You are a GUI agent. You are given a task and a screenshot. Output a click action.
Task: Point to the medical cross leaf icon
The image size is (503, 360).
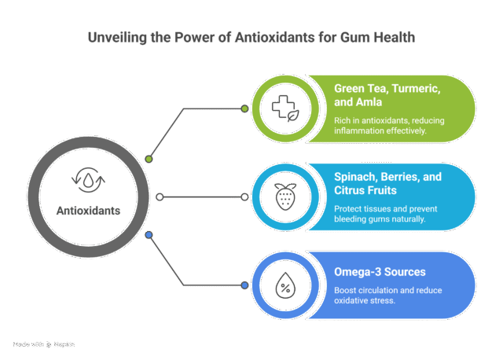pos(282,108)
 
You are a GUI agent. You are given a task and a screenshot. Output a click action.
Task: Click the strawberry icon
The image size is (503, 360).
pos(282,197)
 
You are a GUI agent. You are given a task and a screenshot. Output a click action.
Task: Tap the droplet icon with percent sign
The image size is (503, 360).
pos(282,285)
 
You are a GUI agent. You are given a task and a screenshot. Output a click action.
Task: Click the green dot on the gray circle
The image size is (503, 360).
pos(149,160)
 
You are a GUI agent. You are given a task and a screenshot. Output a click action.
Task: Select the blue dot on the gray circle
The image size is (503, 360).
pos(149,234)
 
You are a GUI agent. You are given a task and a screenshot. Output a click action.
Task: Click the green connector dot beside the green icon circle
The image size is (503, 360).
pos(244,108)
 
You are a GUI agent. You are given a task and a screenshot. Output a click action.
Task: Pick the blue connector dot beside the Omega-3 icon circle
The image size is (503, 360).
pos(244,285)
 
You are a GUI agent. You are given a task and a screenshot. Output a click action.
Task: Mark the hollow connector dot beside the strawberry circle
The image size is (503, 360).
pos(244,197)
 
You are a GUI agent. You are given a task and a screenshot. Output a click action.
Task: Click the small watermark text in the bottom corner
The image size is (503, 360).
pos(44,344)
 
